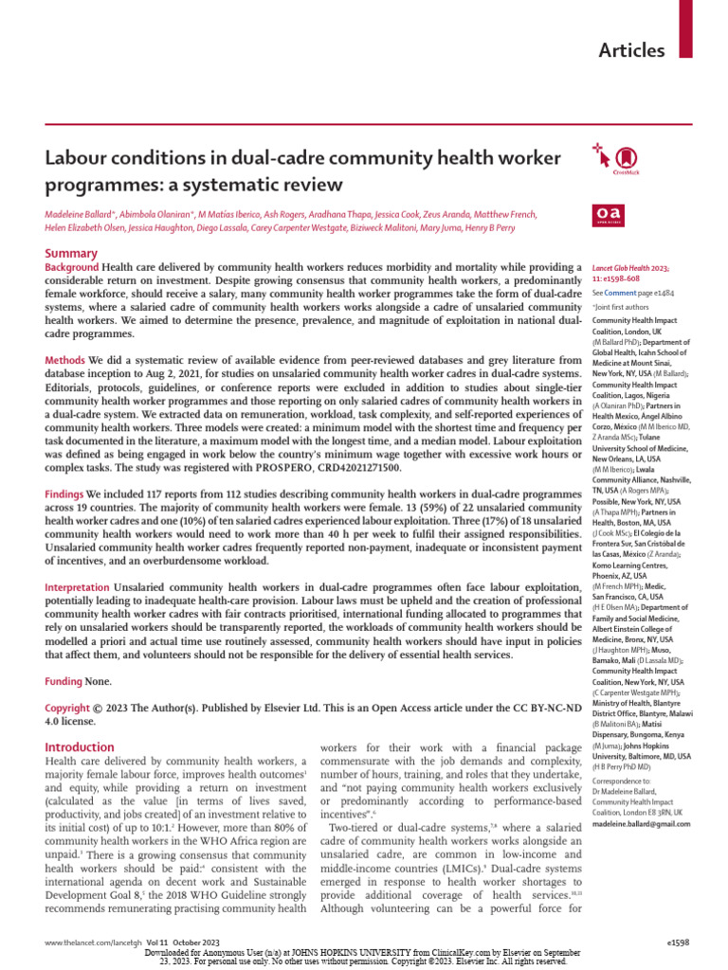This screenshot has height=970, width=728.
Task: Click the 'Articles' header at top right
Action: click(631, 50)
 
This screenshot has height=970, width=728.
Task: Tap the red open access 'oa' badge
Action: click(606, 215)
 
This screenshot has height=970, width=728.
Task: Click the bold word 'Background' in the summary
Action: click(72, 268)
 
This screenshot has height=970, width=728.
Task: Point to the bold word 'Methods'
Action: click(65, 361)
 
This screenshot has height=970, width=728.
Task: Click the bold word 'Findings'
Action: click(65, 494)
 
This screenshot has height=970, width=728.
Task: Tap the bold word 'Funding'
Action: click(64, 681)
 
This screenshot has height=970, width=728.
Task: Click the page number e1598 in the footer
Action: click(679, 943)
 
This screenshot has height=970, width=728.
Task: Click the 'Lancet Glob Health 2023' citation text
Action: click(631, 269)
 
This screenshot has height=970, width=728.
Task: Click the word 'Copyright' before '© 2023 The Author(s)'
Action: click(68, 709)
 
